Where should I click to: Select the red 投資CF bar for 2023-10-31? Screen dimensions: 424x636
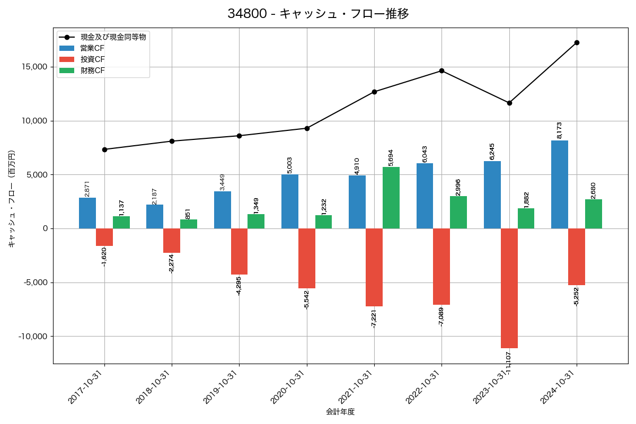[509, 288]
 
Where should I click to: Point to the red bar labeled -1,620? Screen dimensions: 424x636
[104, 237]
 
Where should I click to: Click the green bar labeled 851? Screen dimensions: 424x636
[189, 224]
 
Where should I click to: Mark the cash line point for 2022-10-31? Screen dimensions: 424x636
[441, 70]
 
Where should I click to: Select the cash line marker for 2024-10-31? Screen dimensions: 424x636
[577, 42]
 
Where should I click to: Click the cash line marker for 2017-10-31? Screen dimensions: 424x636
[104, 149]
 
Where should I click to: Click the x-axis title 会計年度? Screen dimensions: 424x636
[340, 411]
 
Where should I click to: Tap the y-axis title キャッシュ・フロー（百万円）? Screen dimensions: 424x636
[12, 199]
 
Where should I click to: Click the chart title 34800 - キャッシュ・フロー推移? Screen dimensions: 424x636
[318, 14]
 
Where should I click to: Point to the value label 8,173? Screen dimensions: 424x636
[559, 130]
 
